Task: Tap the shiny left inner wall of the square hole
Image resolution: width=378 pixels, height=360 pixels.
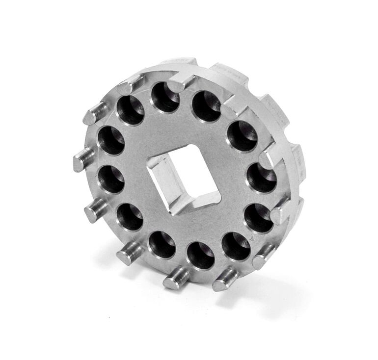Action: [x=164, y=182]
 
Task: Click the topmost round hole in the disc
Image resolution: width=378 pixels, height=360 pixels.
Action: [x=165, y=97]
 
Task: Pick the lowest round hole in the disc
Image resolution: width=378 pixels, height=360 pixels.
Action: [x=201, y=255]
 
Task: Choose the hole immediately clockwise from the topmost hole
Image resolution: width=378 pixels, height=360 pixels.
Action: [x=206, y=106]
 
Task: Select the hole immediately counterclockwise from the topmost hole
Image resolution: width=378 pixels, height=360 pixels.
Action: [x=131, y=110]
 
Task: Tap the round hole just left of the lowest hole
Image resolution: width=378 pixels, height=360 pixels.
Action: [x=162, y=244]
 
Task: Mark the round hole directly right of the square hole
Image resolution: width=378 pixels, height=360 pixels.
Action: [x=261, y=178]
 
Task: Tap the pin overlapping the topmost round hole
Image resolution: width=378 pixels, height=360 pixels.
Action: [x=181, y=81]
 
